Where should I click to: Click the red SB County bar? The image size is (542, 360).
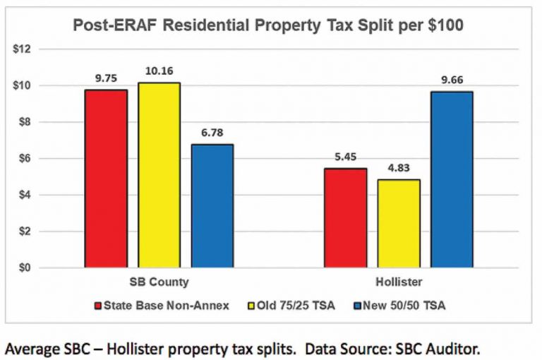106,179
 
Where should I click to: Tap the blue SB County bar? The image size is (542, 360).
212,205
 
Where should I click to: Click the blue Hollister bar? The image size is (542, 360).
452,179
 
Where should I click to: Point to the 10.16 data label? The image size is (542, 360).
159,71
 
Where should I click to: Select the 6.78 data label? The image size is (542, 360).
212,132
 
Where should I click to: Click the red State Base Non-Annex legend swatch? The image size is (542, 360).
98,306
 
